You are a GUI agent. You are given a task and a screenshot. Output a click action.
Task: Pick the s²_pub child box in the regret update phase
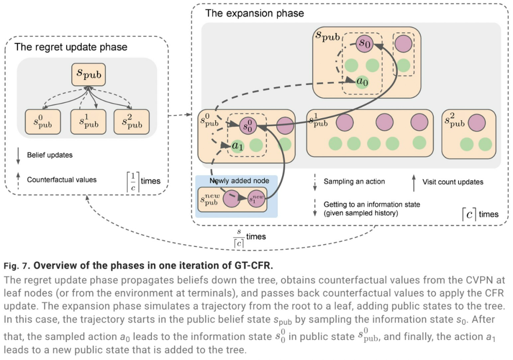click(x=132, y=122)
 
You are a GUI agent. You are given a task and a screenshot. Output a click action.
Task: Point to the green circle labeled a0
click(x=362, y=82)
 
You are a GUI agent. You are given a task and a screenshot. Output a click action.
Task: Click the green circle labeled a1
click(x=238, y=146)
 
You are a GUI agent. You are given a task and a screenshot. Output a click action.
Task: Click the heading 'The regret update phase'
click(x=71, y=47)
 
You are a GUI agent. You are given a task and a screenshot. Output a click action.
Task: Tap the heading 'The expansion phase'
click(x=254, y=13)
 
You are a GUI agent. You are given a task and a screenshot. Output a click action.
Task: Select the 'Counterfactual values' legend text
click(x=62, y=180)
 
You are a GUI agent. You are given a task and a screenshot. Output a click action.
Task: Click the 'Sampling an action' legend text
click(x=354, y=181)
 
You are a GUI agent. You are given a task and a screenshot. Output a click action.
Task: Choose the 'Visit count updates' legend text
click(x=453, y=181)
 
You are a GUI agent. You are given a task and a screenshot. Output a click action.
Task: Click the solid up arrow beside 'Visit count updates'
click(x=413, y=181)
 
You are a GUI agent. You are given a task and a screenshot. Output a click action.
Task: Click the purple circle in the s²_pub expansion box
click(x=476, y=123)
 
